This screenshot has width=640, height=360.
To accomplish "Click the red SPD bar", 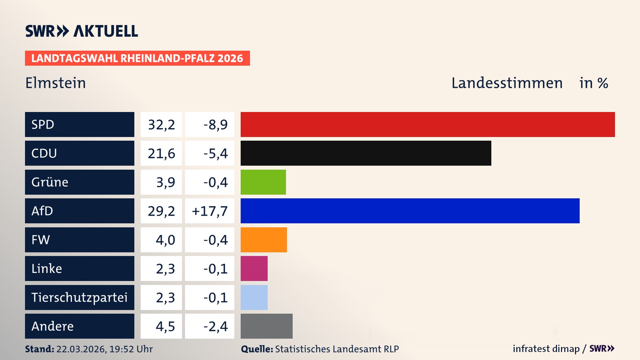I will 428,124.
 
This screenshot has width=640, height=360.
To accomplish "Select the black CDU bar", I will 366,153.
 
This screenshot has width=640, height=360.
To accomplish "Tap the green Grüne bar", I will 263,182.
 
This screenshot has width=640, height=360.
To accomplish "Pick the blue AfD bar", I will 410,211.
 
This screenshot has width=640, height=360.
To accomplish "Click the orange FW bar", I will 264,240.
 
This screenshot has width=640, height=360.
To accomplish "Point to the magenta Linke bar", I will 254,268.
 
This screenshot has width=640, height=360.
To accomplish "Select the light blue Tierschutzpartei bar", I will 254,297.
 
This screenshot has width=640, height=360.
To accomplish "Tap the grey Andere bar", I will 266,326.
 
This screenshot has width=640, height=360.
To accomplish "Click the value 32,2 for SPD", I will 161,125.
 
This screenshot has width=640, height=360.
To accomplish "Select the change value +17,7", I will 210,211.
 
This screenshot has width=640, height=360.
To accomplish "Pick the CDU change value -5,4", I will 215,153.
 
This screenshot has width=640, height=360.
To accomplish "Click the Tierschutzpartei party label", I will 79,297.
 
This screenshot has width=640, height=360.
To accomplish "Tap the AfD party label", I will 42,211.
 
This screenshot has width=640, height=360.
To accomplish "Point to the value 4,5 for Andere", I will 165,326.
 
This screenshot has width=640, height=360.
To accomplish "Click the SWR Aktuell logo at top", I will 82,31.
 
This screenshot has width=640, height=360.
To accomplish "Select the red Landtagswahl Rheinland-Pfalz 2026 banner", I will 137,58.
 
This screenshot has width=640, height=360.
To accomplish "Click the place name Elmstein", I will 56,83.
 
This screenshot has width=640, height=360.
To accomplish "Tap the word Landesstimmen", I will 507,83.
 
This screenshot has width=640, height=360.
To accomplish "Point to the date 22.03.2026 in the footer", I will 81,349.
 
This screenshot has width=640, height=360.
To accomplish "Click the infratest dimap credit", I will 546,349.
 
